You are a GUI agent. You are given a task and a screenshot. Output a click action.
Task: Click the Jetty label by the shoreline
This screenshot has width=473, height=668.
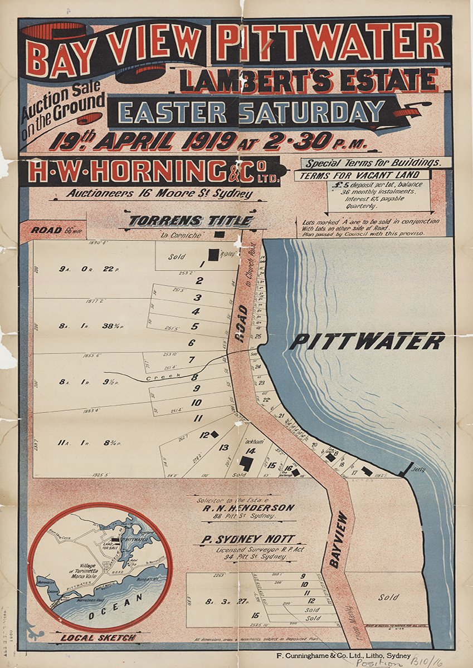(x=418, y=469)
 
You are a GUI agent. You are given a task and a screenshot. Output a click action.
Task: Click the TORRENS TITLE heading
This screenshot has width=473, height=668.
(x=190, y=221)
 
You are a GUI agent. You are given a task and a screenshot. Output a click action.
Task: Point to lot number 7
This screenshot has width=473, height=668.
(x=191, y=360)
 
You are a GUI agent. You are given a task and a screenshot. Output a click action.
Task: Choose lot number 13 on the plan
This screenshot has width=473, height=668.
(x=224, y=447)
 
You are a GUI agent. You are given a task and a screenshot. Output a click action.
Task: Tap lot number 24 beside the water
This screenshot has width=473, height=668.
(x=258, y=367)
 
